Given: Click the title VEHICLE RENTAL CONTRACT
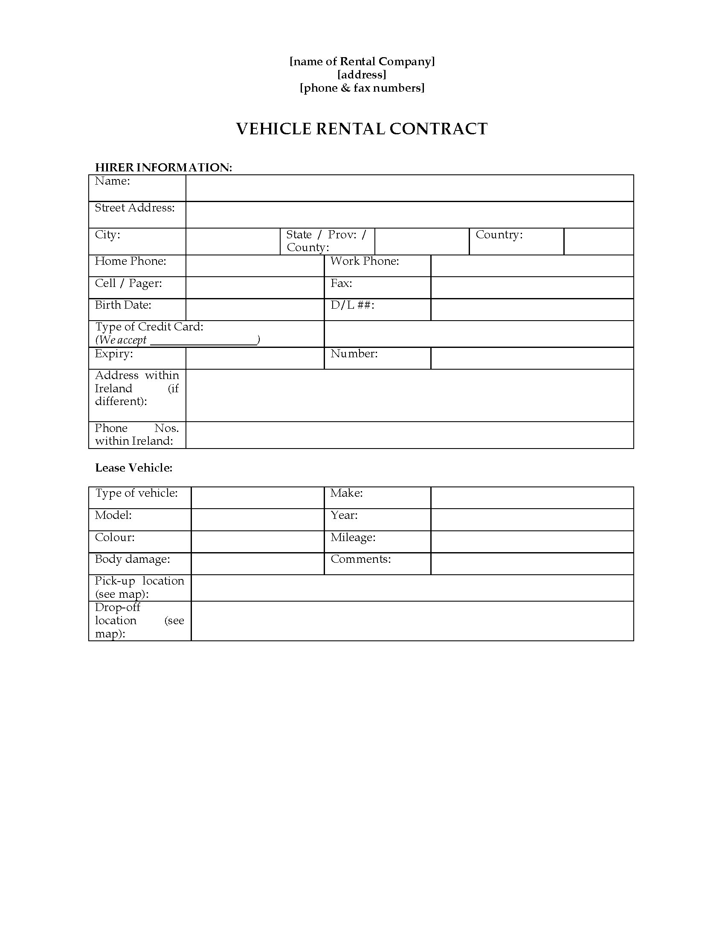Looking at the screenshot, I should point(362,129).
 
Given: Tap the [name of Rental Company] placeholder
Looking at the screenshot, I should point(362,61).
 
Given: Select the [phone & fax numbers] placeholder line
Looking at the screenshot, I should point(362,88).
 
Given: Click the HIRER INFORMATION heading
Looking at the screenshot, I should point(163,167).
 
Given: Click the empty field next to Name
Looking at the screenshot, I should point(409,188).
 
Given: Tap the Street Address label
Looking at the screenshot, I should point(134,208).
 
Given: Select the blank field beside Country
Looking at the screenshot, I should point(598,241).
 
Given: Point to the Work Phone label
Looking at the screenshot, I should point(365,261).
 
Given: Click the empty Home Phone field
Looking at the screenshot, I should point(255,266).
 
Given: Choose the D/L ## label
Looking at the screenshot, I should point(352,305).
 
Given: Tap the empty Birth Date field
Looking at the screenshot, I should point(255,310).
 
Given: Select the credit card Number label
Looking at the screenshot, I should point(354,353).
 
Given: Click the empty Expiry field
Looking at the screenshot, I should point(255,358).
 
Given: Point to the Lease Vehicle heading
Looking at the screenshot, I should point(133,468).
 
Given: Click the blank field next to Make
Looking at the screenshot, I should point(532,498).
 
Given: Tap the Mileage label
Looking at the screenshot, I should point(353,537).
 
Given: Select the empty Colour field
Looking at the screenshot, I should point(257,541).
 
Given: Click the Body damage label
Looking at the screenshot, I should point(132,559).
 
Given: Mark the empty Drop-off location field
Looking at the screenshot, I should point(412,621).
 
